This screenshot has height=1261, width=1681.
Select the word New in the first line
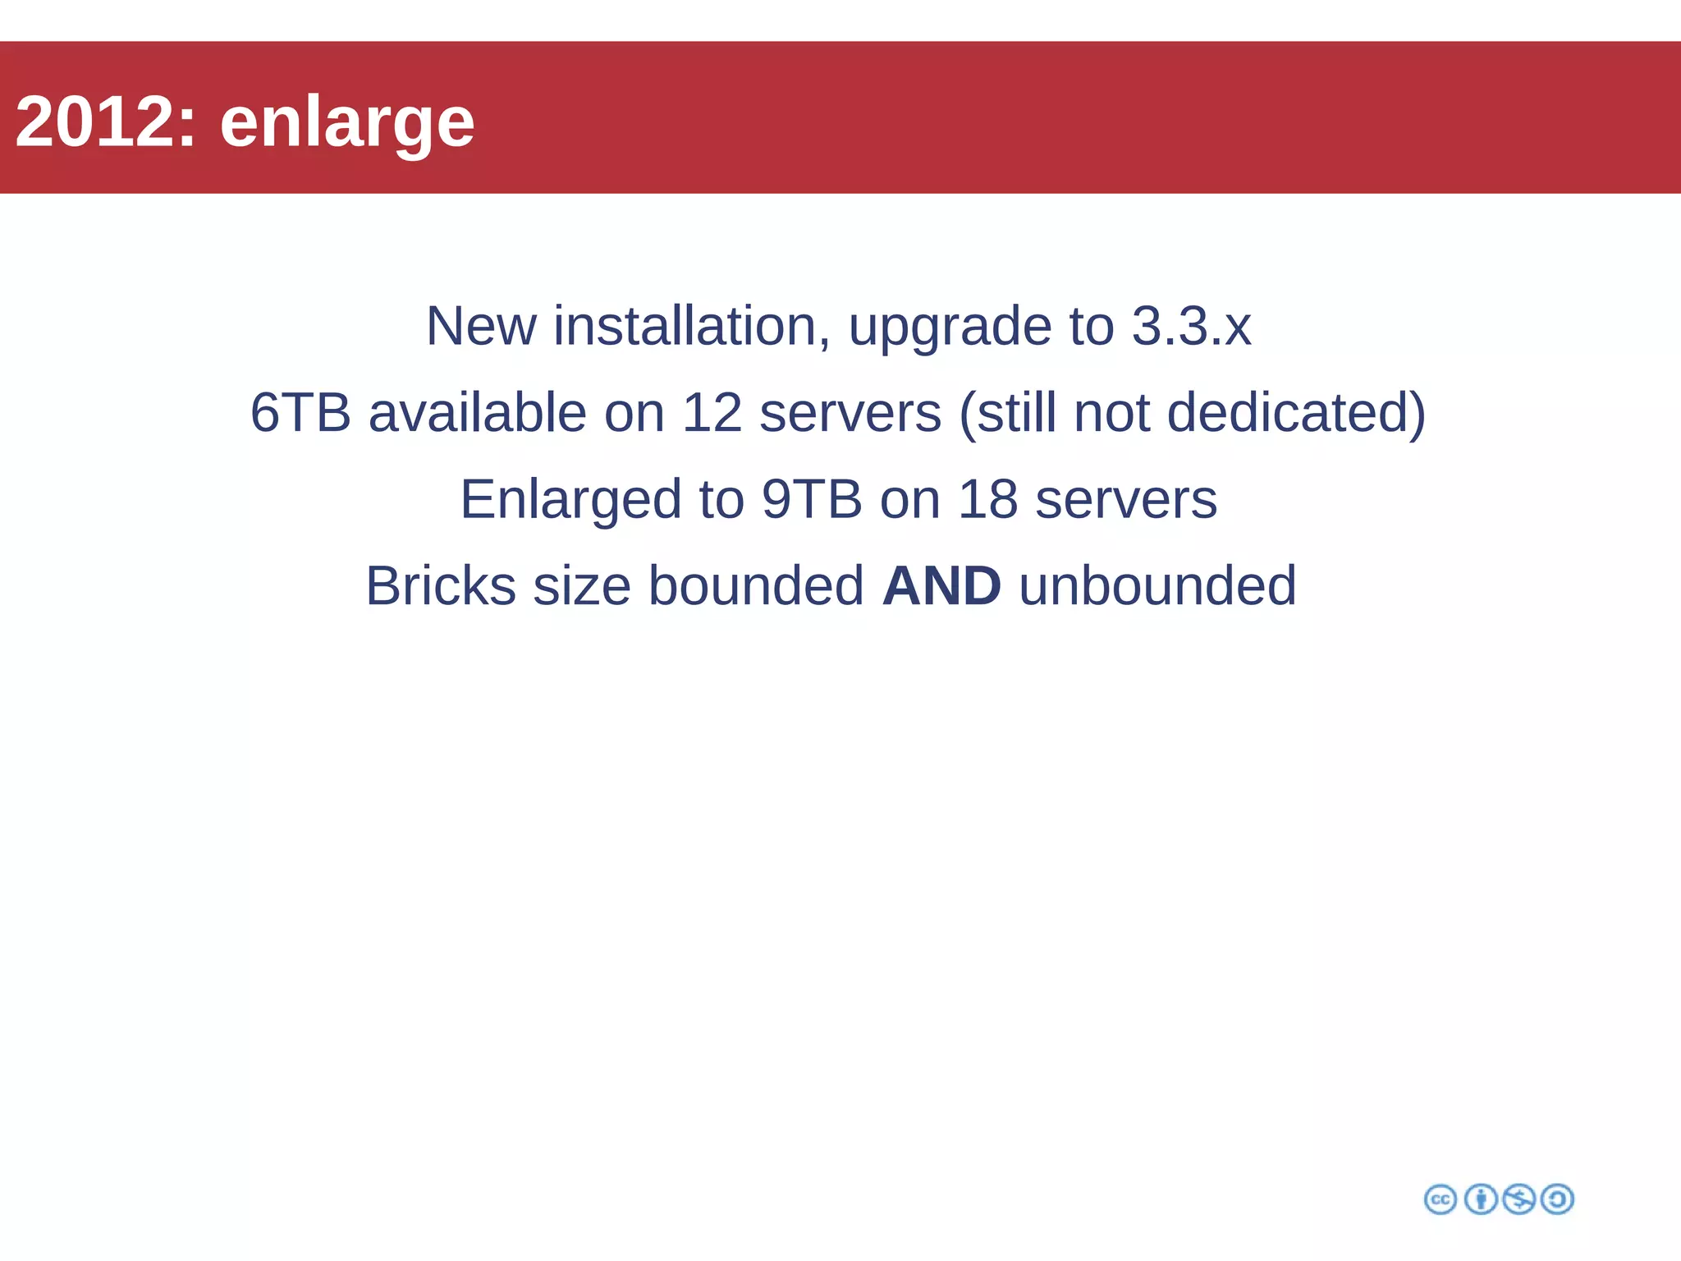click(481, 326)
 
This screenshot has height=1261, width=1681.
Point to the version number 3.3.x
click(1191, 326)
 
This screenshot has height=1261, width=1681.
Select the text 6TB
click(300, 412)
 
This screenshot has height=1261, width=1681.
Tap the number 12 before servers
click(712, 412)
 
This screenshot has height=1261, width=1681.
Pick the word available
click(477, 412)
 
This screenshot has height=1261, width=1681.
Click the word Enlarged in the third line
click(570, 501)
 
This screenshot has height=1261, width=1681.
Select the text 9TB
click(812, 499)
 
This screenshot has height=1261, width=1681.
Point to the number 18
click(987, 499)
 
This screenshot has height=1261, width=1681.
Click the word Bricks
click(441, 586)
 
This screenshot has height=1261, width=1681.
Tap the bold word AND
click(941, 586)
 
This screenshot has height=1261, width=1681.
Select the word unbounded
click(1157, 586)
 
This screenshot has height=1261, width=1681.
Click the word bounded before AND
click(756, 586)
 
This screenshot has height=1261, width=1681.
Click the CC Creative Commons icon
click(1441, 1199)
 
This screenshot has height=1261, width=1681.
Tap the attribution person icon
click(1481, 1199)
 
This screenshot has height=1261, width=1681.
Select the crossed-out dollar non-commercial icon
click(1519, 1199)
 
